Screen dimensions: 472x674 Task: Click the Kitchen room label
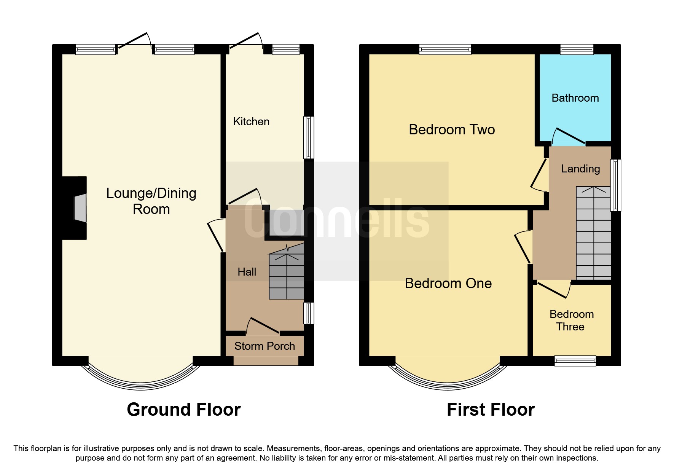251,121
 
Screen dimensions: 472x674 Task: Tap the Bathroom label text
575,98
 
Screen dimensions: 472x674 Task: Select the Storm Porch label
265,346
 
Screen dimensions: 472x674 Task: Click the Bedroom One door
522,247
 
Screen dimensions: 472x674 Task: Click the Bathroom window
577,49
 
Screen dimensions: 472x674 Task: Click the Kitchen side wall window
309,137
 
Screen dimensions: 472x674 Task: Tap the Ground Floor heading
183,410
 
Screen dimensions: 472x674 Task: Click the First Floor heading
490,410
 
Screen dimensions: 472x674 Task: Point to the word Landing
580,169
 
